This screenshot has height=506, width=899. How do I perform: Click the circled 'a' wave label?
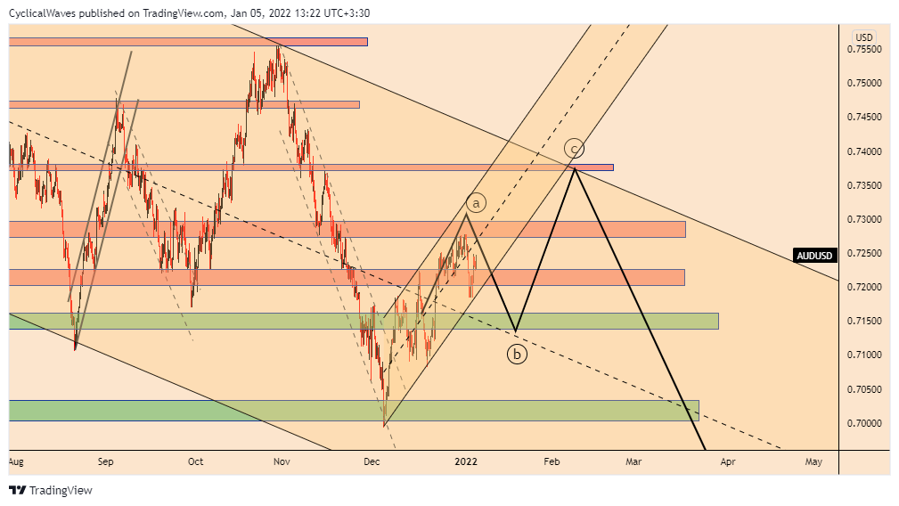click(x=476, y=203)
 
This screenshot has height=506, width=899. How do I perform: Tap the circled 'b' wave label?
click(x=517, y=355)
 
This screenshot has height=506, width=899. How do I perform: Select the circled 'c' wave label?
click(x=576, y=148)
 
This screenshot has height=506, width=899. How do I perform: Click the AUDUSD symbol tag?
click(x=815, y=256)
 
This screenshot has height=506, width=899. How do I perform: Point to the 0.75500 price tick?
click(x=864, y=49)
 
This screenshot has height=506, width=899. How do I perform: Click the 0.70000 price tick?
click(x=864, y=423)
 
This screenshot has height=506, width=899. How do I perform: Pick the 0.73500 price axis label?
click(x=864, y=185)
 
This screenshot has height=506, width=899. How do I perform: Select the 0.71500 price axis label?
click(x=864, y=321)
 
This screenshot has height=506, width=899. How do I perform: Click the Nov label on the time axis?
click(x=282, y=461)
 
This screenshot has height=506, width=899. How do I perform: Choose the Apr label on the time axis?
click(x=727, y=461)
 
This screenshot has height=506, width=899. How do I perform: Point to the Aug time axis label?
click(x=14, y=461)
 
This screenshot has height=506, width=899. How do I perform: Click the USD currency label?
click(x=863, y=37)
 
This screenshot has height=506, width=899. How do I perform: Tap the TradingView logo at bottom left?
click(x=51, y=490)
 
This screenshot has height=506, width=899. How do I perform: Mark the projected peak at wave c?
click(x=575, y=167)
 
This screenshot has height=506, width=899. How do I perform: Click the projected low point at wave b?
click(x=515, y=332)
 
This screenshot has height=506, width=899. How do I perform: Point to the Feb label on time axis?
click(x=552, y=461)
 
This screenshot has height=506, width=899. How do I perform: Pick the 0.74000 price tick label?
click(x=864, y=151)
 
